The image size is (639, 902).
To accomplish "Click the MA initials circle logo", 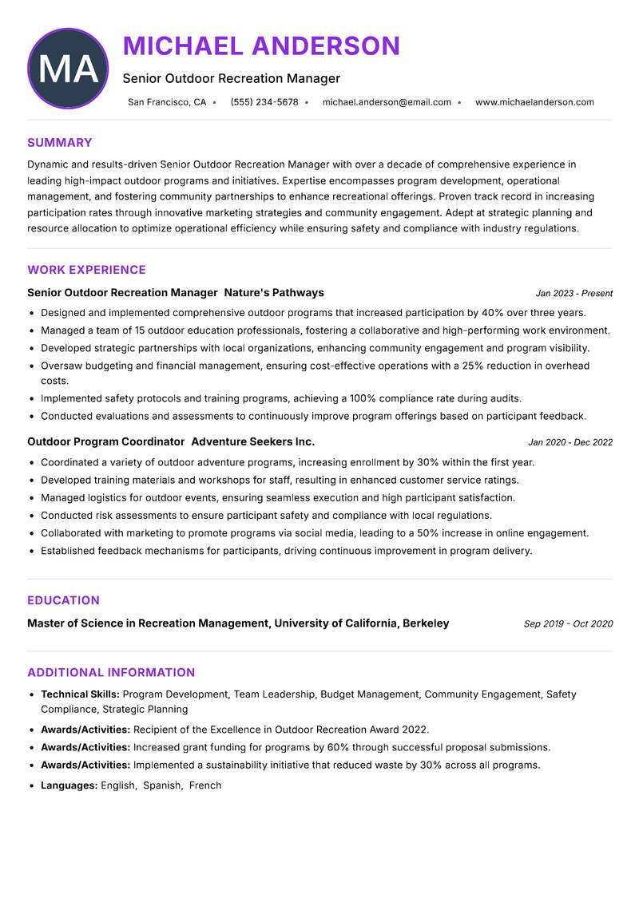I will (68, 69).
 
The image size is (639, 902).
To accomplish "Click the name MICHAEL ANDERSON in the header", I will (261, 46).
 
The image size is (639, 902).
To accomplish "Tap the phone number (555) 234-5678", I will (264, 102).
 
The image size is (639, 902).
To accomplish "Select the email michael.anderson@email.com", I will (387, 102).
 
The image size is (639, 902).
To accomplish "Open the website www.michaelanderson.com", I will (534, 102).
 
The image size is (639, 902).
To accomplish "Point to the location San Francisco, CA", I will (167, 102).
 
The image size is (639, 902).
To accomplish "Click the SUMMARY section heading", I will (60, 143).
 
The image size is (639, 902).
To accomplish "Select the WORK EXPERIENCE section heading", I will (86, 270).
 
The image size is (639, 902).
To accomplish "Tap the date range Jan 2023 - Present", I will (574, 294).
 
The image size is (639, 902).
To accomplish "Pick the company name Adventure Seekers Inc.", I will (253, 442).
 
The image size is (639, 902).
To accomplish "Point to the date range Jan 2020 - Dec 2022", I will (570, 443).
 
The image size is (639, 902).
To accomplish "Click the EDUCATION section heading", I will (63, 600).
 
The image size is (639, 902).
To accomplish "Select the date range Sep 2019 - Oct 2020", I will (568, 624).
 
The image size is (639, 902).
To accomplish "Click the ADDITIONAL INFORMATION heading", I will (111, 672).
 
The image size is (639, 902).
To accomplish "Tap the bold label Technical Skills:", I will (80, 694).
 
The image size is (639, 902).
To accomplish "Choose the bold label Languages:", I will (69, 785).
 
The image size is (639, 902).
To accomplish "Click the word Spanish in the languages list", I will (162, 785).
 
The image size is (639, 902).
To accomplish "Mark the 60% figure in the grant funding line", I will (327, 747).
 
